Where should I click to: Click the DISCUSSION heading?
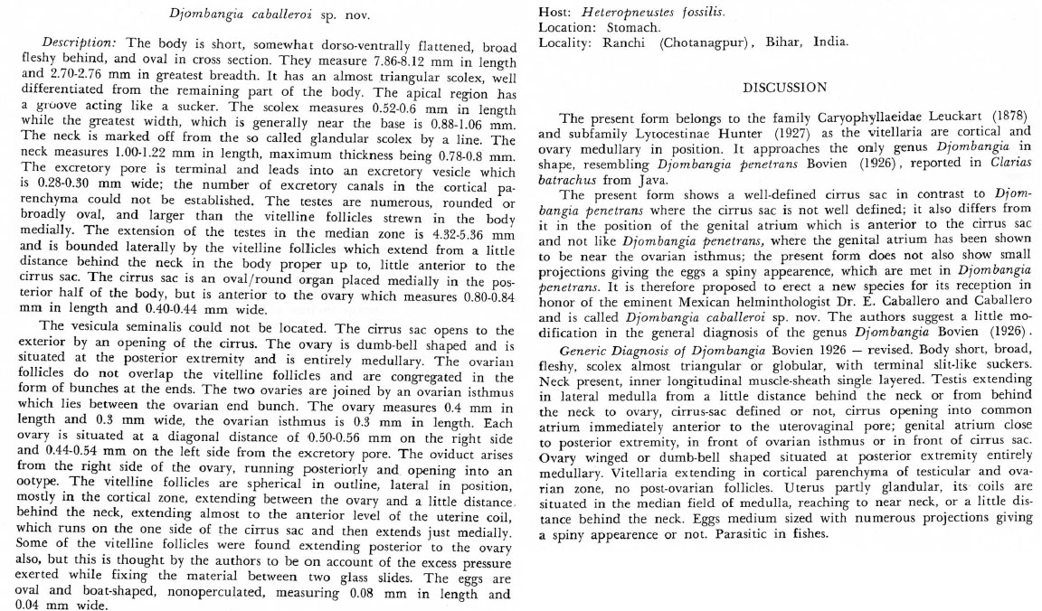(x=784, y=88)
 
